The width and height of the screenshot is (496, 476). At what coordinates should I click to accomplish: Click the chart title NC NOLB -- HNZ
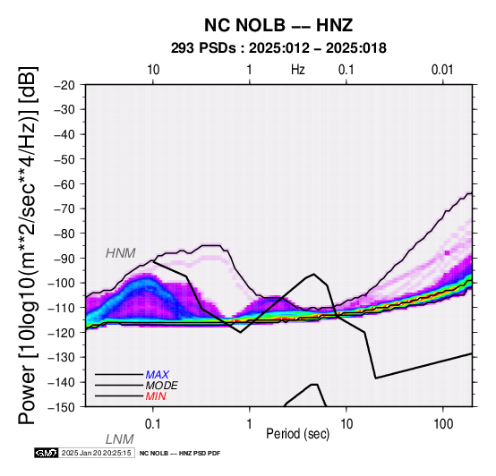coord(278,25)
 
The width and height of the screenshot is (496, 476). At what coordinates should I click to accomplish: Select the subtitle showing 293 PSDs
coord(278,48)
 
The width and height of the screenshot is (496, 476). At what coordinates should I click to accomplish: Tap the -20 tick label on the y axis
coord(64,85)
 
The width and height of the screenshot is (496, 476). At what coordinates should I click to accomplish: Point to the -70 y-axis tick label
coord(64,208)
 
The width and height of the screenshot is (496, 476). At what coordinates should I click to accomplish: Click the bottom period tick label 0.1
coord(153,424)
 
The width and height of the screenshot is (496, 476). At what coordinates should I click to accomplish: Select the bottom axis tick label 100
coord(443,424)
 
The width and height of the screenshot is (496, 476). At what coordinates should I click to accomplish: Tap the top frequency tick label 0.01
coord(443,70)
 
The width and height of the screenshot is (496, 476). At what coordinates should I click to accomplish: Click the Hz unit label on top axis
coord(298,70)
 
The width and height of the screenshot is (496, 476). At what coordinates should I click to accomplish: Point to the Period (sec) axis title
coord(297,434)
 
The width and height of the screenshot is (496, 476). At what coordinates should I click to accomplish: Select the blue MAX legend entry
coord(158,375)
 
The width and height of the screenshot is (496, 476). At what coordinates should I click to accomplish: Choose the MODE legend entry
coord(162,386)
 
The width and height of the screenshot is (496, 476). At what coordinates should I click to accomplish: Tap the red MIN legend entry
coord(156,396)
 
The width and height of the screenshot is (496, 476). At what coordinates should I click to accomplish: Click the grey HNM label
coord(121,253)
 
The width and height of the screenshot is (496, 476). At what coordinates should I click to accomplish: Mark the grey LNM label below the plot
coord(120,439)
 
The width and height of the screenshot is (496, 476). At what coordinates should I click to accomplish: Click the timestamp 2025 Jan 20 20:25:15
coord(97,453)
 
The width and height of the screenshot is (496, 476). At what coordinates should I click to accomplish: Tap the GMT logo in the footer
coord(47,453)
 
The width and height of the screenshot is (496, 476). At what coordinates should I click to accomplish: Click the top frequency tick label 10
coord(153,70)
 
